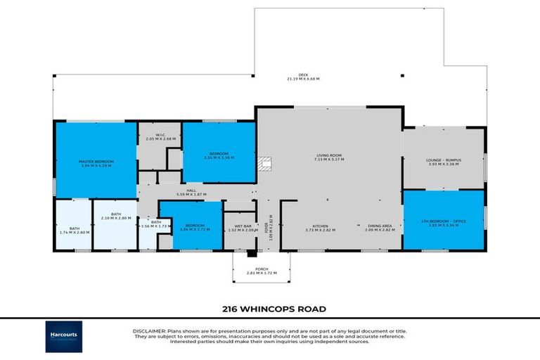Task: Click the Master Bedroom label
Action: pyautogui.click(x=96, y=164)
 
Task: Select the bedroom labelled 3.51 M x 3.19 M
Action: pyautogui.click(x=219, y=156)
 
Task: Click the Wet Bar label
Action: pyautogui.click(x=240, y=229)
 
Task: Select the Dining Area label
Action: pyautogui.click(x=378, y=228)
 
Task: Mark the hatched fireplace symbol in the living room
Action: pyautogui.click(x=264, y=164)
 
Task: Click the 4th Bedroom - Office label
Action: pyautogui.click(x=444, y=223)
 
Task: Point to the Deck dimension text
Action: pyautogui.click(x=303, y=77)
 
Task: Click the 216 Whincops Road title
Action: pyautogui.click(x=269, y=308)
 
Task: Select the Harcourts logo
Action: pyautogui.click(x=64, y=336)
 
